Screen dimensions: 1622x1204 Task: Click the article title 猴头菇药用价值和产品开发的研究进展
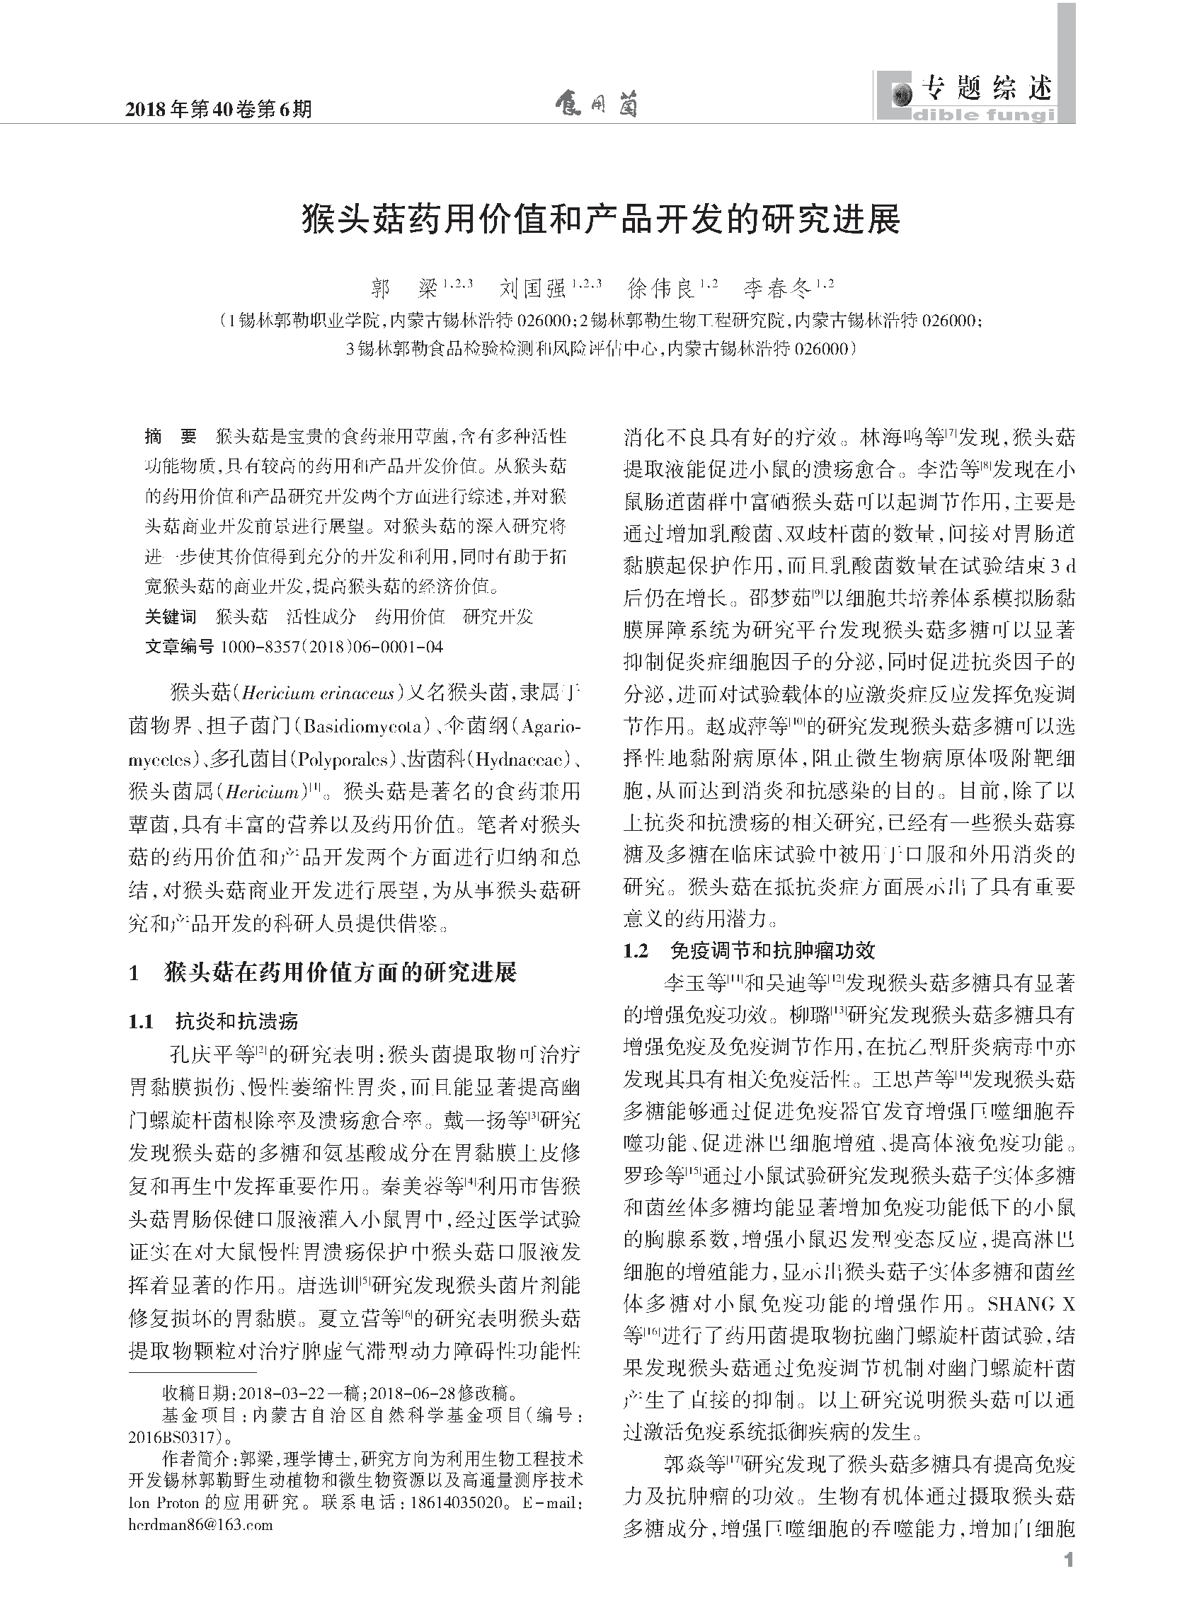click(x=601, y=219)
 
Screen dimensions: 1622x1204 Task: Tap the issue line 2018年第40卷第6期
click(x=219, y=109)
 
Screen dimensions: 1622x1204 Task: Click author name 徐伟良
click(x=661, y=289)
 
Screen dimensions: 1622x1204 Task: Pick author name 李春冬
click(x=777, y=289)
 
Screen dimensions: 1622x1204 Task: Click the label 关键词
click(x=171, y=617)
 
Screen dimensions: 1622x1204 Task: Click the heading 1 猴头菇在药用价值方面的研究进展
click(x=322, y=973)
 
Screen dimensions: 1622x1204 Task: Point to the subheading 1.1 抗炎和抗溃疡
click(x=214, y=1022)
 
